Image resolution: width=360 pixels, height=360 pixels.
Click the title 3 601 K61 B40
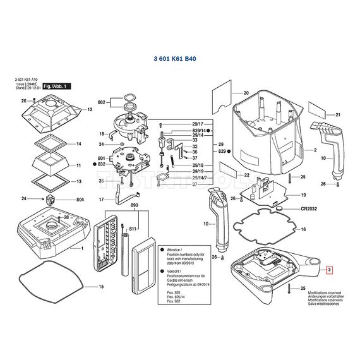[x=174, y=58]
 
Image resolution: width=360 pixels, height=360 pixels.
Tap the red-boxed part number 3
[x=328, y=270]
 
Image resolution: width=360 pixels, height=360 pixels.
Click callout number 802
[x=101, y=102]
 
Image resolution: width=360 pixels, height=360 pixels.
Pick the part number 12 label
[x=90, y=110]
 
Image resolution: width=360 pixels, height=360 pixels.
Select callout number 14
[x=79, y=144]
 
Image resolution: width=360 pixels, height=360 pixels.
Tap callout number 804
[x=80, y=200]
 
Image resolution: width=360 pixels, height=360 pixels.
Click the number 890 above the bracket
[x=133, y=206]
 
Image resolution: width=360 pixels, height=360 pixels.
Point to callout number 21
[x=337, y=115]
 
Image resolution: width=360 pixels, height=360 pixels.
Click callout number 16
[x=303, y=229]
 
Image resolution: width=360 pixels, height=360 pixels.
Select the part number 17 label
[x=101, y=200]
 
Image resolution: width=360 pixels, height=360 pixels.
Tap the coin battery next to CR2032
[x=279, y=207]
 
